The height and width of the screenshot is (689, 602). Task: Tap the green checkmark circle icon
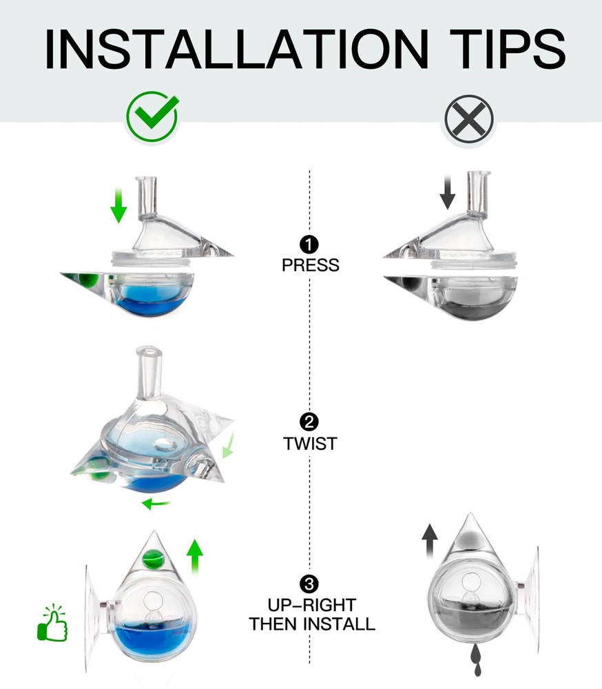tap(152, 118)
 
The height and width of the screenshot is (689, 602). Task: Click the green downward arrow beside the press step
tap(119, 206)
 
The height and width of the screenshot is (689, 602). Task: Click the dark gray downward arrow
tap(448, 192)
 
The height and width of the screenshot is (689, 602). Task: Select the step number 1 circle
tap(310, 244)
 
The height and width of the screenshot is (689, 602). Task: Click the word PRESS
tap(310, 265)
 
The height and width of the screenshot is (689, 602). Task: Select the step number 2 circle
tap(310, 422)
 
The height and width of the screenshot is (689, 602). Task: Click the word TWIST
tap(310, 444)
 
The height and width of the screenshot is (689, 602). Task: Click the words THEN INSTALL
tap(311, 625)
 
